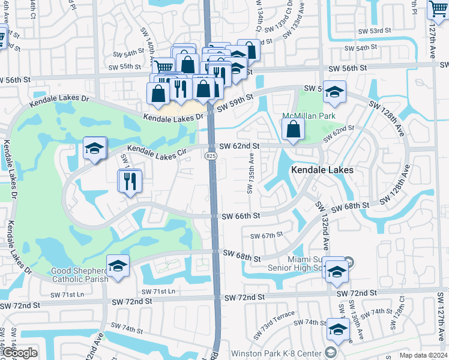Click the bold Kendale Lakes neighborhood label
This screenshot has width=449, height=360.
click(x=322, y=170)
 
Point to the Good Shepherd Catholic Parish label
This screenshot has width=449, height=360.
click(x=79, y=275)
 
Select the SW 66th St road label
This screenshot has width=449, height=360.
click(x=240, y=216)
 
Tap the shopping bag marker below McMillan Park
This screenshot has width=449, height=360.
click(x=292, y=129)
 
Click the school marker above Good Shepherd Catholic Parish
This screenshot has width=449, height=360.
click(x=118, y=266)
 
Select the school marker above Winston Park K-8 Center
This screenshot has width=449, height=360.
click(x=338, y=330)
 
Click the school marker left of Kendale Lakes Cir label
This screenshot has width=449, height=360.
click(x=94, y=149)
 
